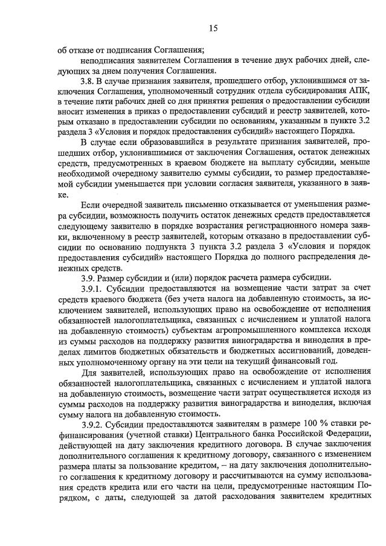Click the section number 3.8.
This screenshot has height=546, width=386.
88,80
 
